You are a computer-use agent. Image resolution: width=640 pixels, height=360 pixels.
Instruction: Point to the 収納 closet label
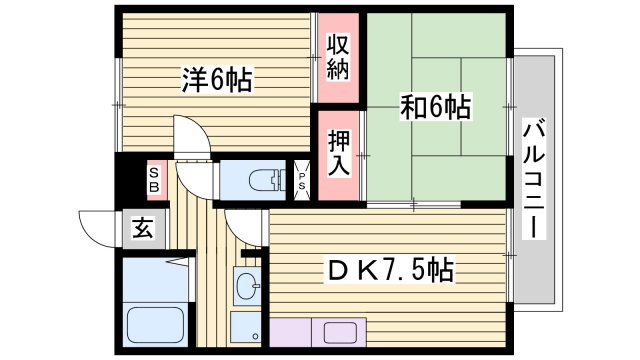tap(338, 58)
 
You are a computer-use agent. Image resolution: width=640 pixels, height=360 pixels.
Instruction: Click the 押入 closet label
tap(338, 152)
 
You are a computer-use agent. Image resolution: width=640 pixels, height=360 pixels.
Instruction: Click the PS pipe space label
tap(302, 180)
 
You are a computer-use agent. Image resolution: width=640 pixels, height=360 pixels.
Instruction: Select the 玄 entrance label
tap(143, 227)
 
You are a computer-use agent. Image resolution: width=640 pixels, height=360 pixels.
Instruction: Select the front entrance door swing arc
tap(97, 228)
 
